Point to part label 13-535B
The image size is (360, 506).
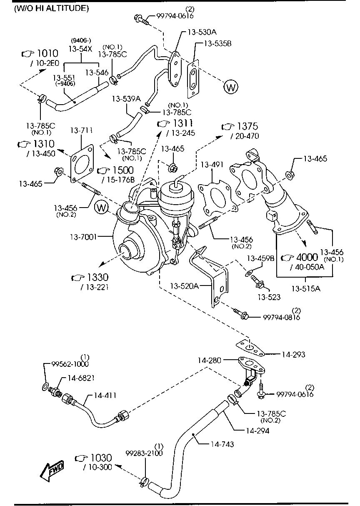click(x=217, y=43)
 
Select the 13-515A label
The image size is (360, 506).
click(x=305, y=288)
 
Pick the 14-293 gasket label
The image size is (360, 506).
click(x=293, y=354)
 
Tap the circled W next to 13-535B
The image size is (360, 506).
click(x=230, y=87)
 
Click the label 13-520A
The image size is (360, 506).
click(x=184, y=286)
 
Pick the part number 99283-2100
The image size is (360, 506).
click(x=144, y=453)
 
